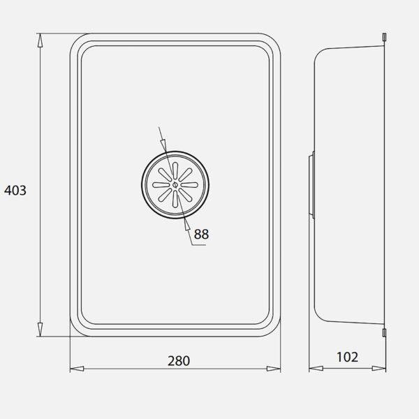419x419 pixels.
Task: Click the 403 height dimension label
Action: tap(15, 191)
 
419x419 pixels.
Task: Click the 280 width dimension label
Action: tap(179, 361)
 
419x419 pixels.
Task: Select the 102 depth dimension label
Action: tap(347, 358)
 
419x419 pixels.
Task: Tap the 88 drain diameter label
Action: tap(201, 234)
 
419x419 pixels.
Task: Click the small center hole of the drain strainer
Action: tap(175, 184)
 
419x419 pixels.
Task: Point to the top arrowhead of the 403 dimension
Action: tap(40, 41)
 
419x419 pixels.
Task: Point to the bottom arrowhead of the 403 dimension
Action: tap(40, 329)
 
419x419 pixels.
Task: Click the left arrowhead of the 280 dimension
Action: tap(77, 369)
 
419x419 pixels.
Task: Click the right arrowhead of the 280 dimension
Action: tap(274, 369)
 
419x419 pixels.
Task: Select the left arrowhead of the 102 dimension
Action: tap(316, 369)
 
